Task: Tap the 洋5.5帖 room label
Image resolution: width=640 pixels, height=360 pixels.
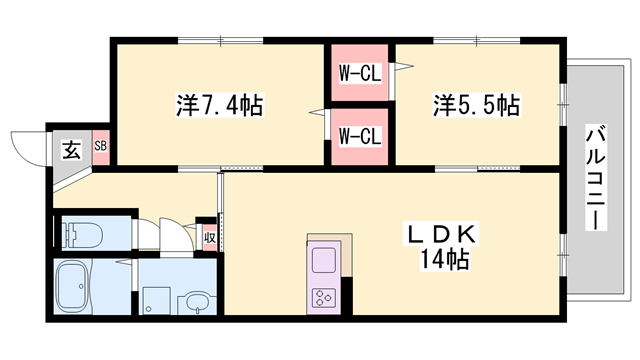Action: tap(476, 105)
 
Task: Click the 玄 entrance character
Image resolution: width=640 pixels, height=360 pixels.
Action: tap(73, 151)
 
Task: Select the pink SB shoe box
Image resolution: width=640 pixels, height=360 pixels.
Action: tap(101, 146)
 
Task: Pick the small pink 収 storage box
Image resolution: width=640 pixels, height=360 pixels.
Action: tap(209, 237)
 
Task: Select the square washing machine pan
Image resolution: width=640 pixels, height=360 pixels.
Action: tap(155, 301)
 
